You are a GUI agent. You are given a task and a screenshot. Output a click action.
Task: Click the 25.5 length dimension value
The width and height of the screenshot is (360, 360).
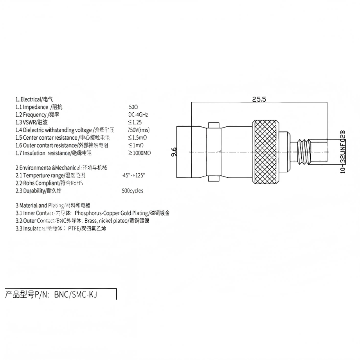259,99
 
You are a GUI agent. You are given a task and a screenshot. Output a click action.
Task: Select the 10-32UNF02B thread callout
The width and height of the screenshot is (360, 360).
343,152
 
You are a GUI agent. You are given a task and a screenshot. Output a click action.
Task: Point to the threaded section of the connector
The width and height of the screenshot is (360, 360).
302,151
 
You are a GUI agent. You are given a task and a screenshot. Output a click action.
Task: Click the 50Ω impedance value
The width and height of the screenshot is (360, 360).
133,107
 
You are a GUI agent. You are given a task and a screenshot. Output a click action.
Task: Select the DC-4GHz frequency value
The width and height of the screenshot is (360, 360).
138,115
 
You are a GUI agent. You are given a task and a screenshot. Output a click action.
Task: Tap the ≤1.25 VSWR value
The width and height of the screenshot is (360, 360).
135,122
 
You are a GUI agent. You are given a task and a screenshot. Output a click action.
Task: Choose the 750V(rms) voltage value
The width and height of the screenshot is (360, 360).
139,130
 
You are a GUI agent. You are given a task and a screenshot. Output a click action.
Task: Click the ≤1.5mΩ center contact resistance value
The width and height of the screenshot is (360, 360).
137,137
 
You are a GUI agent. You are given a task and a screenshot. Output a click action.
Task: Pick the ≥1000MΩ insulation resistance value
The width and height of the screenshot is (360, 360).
139,153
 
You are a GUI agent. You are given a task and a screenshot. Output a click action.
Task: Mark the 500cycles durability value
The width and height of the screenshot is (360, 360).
133,191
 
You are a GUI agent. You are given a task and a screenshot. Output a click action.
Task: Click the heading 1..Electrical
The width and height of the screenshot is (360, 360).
31,99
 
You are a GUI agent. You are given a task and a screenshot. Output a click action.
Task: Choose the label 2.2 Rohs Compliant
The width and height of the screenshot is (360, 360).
38,183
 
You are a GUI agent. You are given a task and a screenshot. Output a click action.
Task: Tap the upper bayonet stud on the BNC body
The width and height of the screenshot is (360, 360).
214,125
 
